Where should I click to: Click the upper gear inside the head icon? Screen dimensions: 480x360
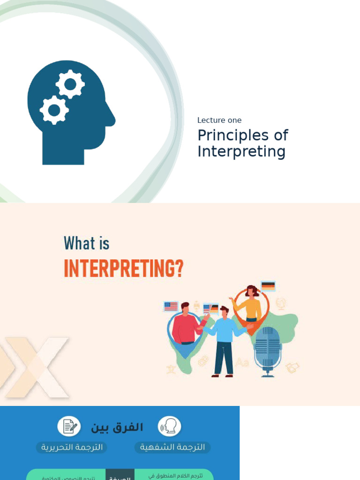pyautogui.click(x=70, y=85)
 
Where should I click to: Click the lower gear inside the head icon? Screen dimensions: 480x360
pyautogui.click(x=54, y=110)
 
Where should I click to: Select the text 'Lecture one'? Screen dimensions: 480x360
pyautogui.click(x=219, y=120)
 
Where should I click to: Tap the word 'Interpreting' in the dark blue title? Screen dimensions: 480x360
pyautogui.click(x=241, y=152)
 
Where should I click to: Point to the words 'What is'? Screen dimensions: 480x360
pyautogui.click(x=87, y=244)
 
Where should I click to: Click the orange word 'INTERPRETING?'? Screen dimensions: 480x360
pyautogui.click(x=123, y=269)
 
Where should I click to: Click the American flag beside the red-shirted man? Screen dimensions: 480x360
pyautogui.click(x=171, y=307)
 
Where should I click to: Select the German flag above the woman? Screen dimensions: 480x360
pyautogui.click(x=268, y=286)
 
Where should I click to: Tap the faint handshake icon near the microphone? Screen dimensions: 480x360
pyautogui.click(x=292, y=368)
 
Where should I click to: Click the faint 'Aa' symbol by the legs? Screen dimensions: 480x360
pyautogui.click(x=242, y=362)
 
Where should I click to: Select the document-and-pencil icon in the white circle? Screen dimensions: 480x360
pyautogui.click(x=69, y=426)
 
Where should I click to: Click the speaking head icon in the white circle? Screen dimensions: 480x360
pyautogui.click(x=169, y=426)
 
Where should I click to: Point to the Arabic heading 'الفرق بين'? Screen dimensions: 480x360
pyautogui.click(x=117, y=427)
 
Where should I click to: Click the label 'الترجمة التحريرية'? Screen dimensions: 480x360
pyautogui.click(x=72, y=447)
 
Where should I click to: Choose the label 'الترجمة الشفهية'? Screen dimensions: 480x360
pyautogui.click(x=172, y=447)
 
